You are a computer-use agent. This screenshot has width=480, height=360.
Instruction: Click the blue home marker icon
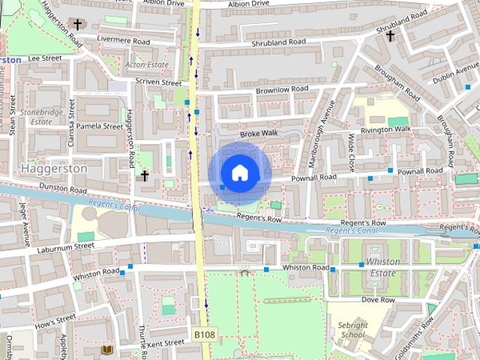tap(239, 172)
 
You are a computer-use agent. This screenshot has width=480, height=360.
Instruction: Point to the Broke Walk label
tap(258, 133)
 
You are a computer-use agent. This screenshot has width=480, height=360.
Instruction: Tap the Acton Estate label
tap(146, 65)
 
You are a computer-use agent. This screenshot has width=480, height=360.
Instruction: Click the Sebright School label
tap(352, 330)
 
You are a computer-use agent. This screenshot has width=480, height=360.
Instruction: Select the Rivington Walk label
tap(385, 129)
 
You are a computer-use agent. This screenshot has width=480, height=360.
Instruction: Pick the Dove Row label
tap(377, 299)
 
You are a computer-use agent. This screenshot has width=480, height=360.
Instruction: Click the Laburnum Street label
tap(63, 246)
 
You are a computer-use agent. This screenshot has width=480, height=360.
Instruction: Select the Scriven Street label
tap(158, 82)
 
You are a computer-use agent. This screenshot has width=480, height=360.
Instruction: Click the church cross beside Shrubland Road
tap(390, 35)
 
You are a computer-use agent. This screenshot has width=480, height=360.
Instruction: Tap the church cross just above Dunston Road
tap(145, 175)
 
